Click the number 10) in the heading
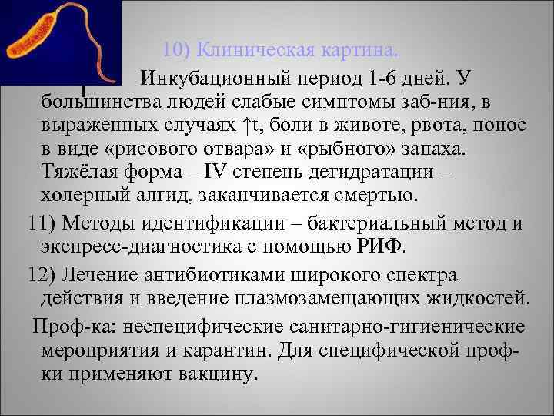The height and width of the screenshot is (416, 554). click(x=178, y=52)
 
